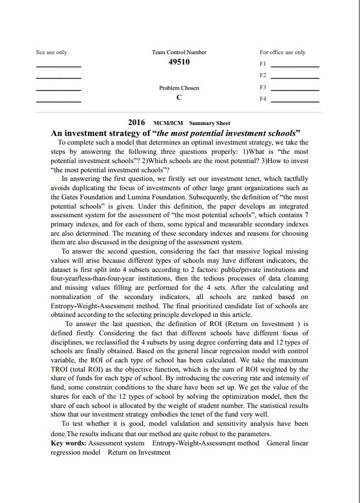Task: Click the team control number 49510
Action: [x=179, y=62]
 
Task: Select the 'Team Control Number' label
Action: [x=179, y=52]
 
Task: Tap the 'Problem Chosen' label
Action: [x=179, y=88]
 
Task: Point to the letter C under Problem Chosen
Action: [x=179, y=98]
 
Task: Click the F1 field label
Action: [x=263, y=63]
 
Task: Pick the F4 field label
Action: [x=263, y=99]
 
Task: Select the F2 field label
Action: [x=263, y=75]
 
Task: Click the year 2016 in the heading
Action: [x=137, y=123]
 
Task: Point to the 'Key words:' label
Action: [x=68, y=443]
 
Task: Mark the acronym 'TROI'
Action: [x=61, y=369]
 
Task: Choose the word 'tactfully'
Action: [x=294, y=179]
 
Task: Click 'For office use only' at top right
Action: [x=283, y=52]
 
